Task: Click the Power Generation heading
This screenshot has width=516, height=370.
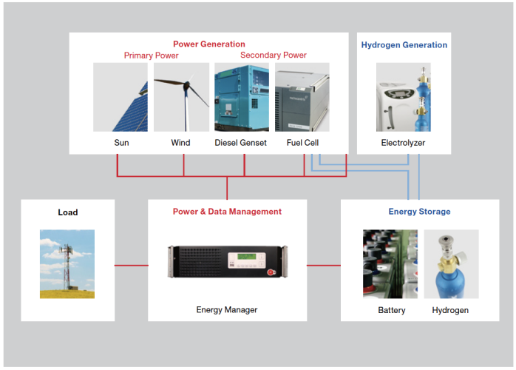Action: tap(209, 44)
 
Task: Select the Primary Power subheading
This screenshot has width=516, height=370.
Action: tap(151, 55)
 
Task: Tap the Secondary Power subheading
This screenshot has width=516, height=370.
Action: tap(274, 55)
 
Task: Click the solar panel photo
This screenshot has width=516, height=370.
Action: tap(120, 97)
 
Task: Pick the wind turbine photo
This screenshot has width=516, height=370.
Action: tap(180, 97)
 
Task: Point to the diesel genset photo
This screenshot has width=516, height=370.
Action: tap(242, 97)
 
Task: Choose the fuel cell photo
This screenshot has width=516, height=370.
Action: tap(302, 97)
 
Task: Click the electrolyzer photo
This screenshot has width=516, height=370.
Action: tap(403, 97)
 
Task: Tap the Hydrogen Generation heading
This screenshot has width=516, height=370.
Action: tap(404, 45)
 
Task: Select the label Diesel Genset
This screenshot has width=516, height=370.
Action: tap(242, 143)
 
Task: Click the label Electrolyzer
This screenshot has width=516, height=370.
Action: tap(403, 143)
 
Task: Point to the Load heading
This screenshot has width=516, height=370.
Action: tap(68, 212)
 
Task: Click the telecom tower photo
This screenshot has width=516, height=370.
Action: tap(67, 263)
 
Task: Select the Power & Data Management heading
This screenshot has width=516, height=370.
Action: tap(227, 212)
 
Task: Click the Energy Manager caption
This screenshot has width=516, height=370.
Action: tap(227, 310)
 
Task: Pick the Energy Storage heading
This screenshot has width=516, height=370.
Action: tap(419, 212)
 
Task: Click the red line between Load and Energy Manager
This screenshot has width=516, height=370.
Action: tap(132, 264)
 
